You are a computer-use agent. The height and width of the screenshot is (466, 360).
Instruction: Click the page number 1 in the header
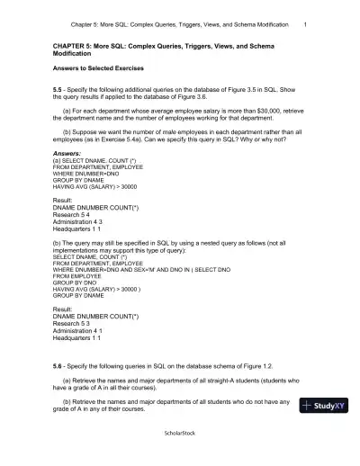coord(307,23)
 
